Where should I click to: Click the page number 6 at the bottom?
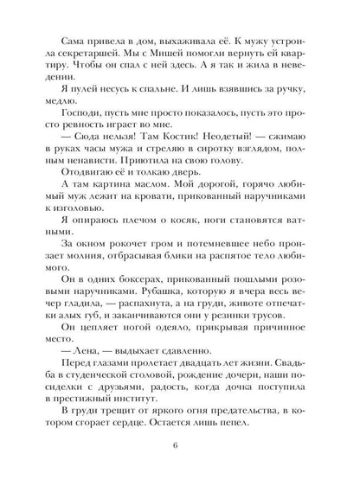(180, 445)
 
